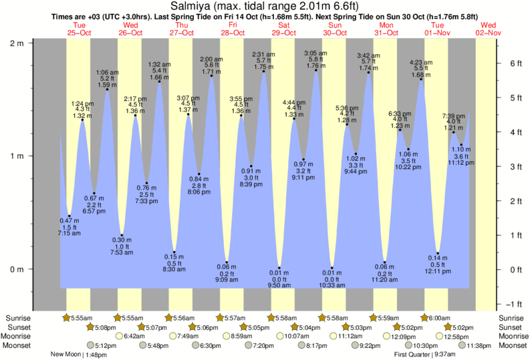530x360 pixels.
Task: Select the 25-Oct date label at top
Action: (x=80, y=32)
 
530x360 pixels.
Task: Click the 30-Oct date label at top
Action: (x=336, y=32)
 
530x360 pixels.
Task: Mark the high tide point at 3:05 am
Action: (x=316, y=70)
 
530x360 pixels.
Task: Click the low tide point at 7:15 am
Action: (x=70, y=216)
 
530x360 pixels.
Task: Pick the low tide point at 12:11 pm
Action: (x=438, y=253)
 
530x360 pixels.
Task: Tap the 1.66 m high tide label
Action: (x=158, y=77)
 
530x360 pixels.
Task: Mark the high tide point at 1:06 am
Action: (x=107, y=89)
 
